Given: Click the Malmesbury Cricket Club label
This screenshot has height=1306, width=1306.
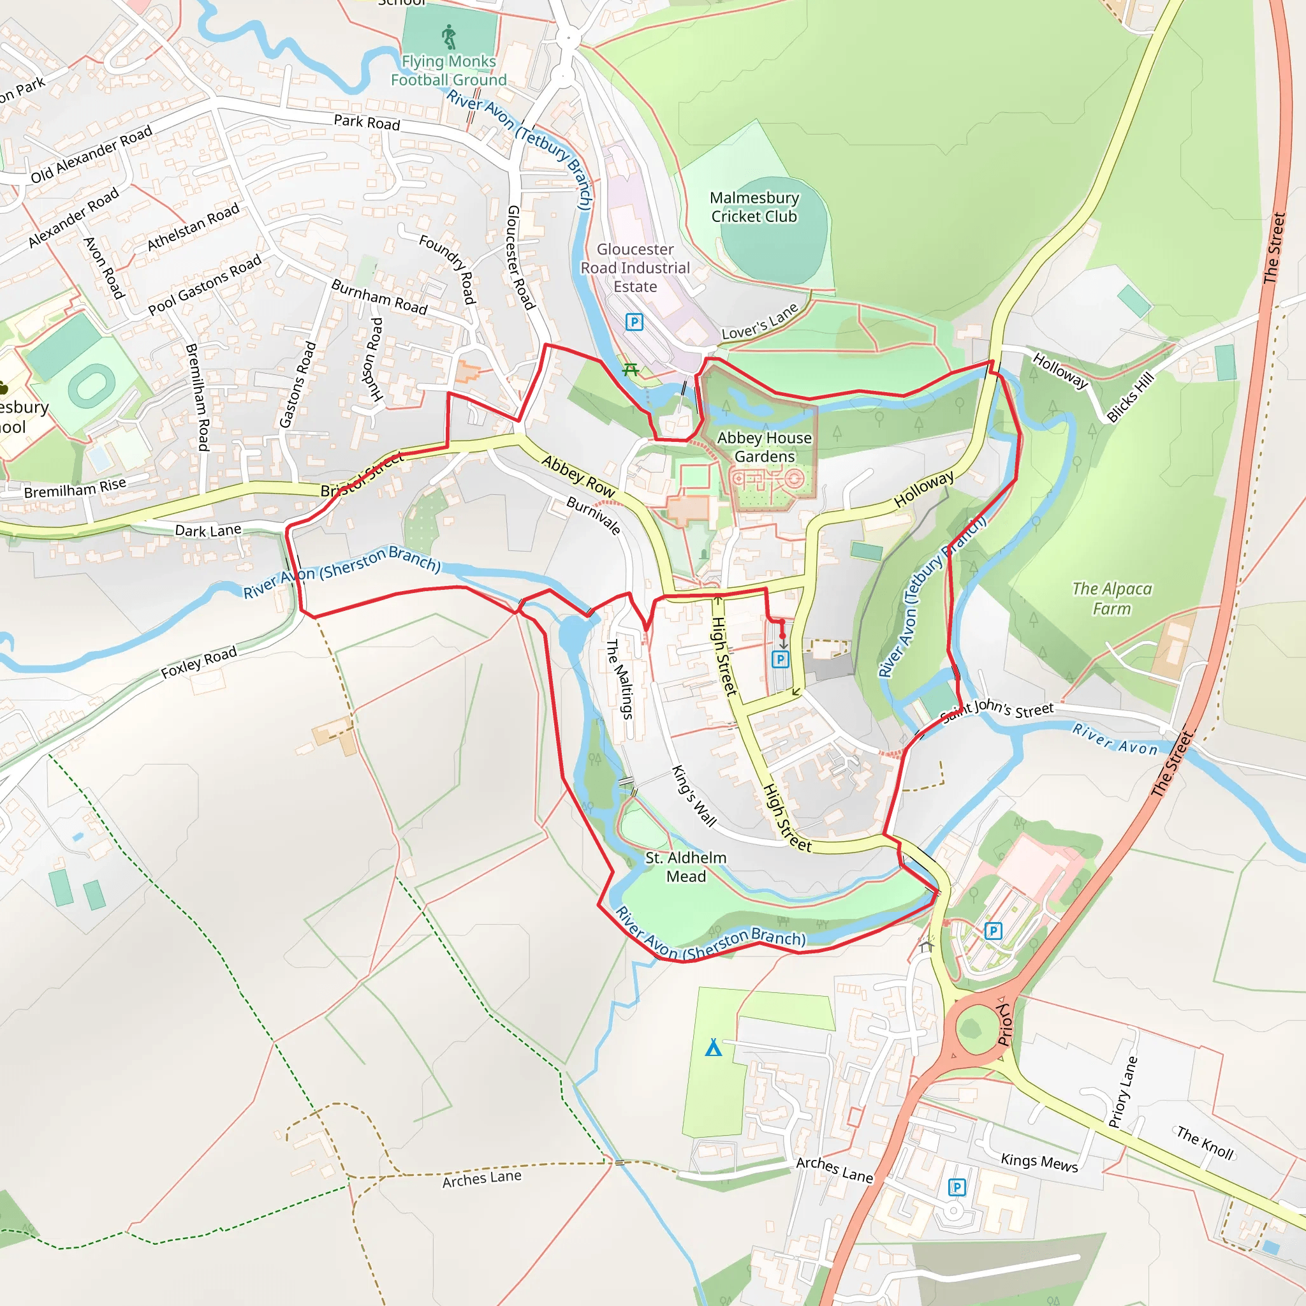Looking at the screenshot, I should point(754,207).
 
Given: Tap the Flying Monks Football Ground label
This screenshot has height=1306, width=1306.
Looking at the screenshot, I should point(448,70).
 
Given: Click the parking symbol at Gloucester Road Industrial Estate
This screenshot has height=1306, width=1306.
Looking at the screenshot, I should point(633,322).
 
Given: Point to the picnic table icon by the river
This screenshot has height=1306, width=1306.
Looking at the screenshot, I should point(631,369).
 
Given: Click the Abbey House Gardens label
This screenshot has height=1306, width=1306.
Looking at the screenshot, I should point(764,447).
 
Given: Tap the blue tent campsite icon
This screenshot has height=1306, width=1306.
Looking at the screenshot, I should point(713,1047).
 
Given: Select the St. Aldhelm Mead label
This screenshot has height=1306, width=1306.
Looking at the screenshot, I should point(686,867).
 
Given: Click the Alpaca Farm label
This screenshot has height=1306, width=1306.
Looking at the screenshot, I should point(1112,598).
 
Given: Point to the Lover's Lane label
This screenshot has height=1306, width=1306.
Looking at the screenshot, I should point(759,322).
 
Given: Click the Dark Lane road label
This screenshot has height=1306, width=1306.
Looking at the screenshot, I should point(207,531).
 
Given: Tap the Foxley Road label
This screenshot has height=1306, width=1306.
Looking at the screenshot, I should point(199,662).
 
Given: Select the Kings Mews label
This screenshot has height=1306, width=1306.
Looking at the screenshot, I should point(1039,1162).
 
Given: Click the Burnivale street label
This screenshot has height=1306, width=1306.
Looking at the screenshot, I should point(594,515).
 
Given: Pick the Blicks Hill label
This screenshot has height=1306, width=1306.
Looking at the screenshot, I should point(1130,397).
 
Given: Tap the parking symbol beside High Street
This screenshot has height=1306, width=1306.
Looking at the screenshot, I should point(780,659).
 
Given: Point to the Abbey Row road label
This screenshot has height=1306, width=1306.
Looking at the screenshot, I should point(578,476).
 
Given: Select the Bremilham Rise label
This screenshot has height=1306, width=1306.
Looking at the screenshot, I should point(75,487).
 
